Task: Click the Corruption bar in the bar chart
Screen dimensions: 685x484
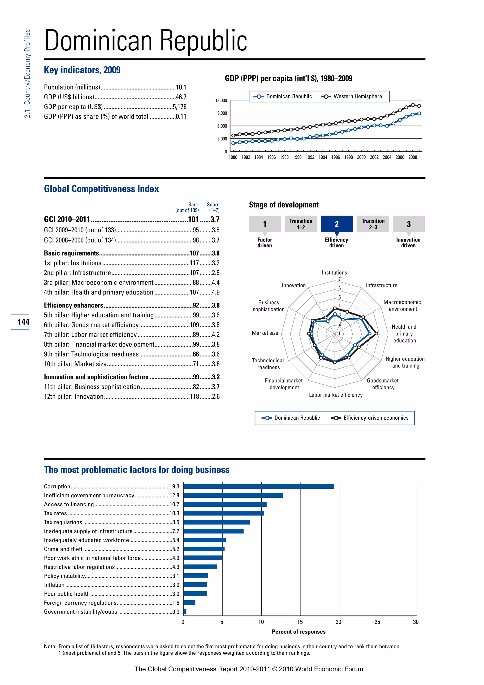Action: [x=259, y=487]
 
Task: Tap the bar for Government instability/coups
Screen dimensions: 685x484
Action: [x=185, y=612]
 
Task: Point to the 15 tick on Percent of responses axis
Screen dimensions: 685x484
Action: [x=300, y=622]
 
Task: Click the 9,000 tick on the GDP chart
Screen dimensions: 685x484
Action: [x=222, y=113]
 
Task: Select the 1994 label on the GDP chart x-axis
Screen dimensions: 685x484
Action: [x=323, y=157]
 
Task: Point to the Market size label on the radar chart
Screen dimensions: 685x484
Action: [x=265, y=333]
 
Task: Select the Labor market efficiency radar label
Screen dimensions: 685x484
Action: [x=336, y=395]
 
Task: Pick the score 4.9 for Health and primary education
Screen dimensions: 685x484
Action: [x=216, y=292]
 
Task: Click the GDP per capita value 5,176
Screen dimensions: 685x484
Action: [x=179, y=107]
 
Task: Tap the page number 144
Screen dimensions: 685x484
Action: [x=23, y=322]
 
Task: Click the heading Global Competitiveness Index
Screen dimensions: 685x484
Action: [x=101, y=189]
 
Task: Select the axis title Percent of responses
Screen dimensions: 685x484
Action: [x=299, y=632]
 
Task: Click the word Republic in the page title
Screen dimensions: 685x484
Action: [x=203, y=41]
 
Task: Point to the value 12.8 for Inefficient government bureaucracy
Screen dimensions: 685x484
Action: [x=174, y=496]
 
